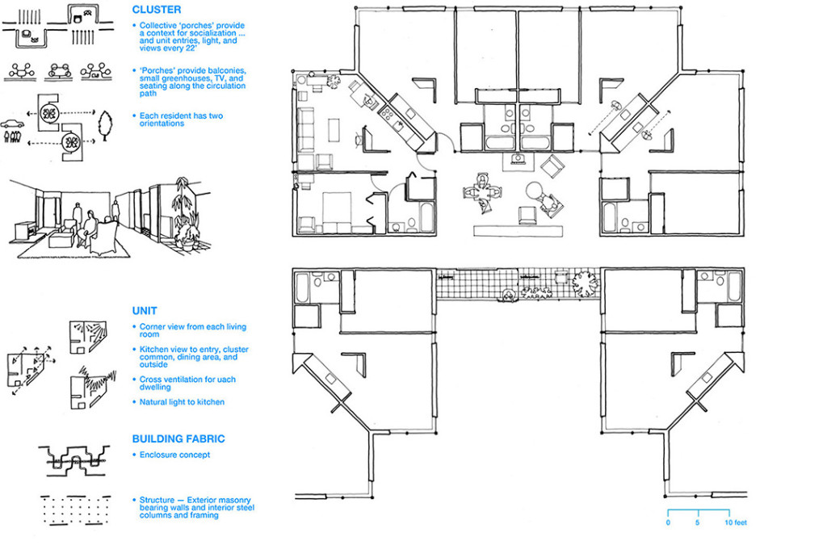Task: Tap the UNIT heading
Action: (145, 311)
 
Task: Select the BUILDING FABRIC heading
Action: (178, 439)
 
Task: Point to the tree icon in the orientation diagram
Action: (105, 125)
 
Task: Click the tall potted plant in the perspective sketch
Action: (185, 214)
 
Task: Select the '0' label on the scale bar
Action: (668, 523)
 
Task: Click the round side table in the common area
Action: (535, 191)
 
